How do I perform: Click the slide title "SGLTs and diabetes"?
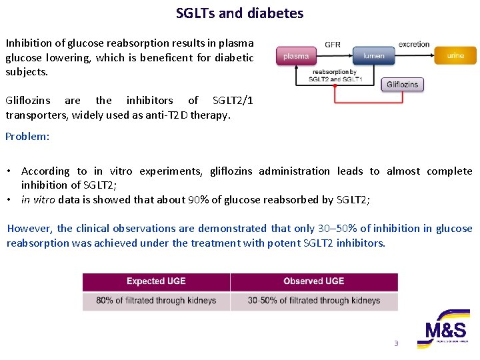pos(239,13)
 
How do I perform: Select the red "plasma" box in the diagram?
pos(296,56)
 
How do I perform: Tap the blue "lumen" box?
pos(374,56)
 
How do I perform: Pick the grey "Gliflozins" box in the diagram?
pos(403,84)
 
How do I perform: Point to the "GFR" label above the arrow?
pos(333,45)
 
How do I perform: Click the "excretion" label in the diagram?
pos(414,45)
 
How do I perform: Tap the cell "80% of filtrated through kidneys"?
pos(156,301)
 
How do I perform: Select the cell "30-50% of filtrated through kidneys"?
pos(313,301)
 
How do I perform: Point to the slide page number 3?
pos(396,344)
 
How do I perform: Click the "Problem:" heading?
pos(27,137)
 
